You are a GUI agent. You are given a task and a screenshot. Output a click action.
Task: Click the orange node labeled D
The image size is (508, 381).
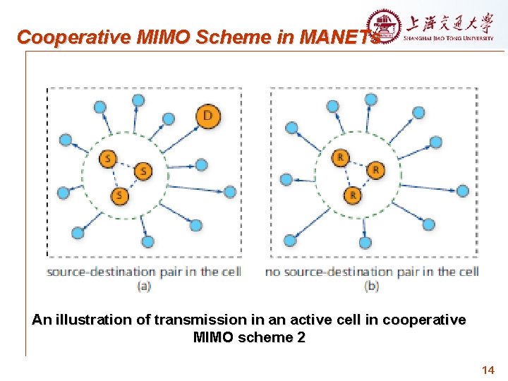coord(207,115)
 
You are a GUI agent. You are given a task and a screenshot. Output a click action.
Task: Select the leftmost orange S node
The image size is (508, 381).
coord(108,159)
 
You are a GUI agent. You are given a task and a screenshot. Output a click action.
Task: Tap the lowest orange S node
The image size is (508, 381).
coord(121,195)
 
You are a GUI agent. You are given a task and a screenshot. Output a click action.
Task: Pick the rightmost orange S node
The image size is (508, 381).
coord(143,171)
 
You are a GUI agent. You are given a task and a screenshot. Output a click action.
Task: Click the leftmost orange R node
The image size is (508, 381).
coord(341,157)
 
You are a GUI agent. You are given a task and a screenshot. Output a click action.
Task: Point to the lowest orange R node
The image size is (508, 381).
coord(353,194)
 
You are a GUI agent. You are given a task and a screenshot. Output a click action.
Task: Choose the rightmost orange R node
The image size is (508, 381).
coord(376,170)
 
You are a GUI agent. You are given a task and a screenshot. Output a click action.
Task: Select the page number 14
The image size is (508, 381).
coord(488,370)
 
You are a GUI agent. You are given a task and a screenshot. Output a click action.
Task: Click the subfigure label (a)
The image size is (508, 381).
coord(144,286)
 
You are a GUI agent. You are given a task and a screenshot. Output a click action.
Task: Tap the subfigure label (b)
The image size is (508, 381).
coord(372,286)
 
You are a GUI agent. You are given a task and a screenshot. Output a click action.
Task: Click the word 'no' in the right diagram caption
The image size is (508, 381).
coord(273,272)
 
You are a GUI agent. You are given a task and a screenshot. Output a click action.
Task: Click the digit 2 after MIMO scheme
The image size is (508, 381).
coord(301,337)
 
